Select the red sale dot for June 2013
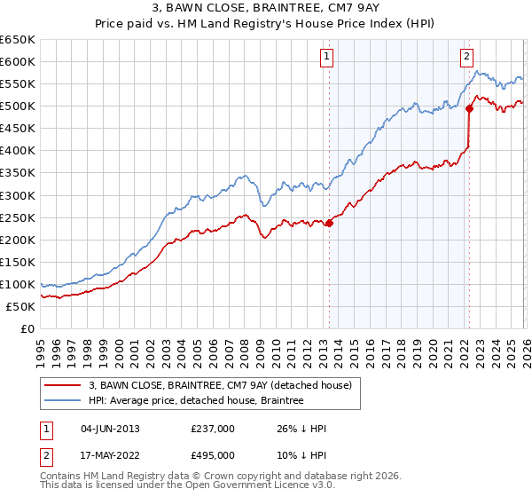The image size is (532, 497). (329, 223)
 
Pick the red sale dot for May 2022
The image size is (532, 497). (469, 108)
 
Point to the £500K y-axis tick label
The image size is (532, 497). (18, 106)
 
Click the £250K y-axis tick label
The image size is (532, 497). (18, 217)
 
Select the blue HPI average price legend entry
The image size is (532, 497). (196, 401)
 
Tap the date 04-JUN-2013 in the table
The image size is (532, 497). (110, 429)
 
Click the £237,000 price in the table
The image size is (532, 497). (213, 429)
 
